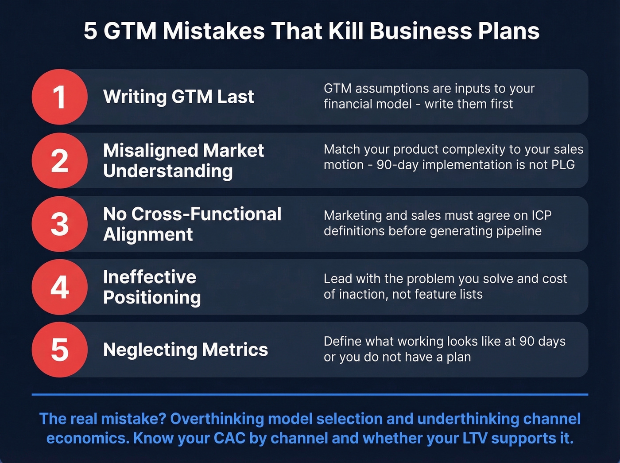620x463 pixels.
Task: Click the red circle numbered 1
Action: (x=59, y=97)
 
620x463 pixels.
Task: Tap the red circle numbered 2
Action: (x=59, y=160)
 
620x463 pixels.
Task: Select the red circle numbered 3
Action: (x=59, y=224)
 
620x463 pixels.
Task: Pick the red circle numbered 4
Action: (x=59, y=287)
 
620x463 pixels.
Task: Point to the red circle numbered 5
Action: (x=59, y=350)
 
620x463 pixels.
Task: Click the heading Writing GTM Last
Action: (x=178, y=97)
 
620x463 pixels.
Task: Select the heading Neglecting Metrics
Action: (x=185, y=350)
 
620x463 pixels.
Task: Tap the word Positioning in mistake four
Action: (x=152, y=297)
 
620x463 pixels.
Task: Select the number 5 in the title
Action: (x=90, y=31)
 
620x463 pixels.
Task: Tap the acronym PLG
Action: (x=563, y=165)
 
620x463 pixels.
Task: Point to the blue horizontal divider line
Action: (x=310, y=394)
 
